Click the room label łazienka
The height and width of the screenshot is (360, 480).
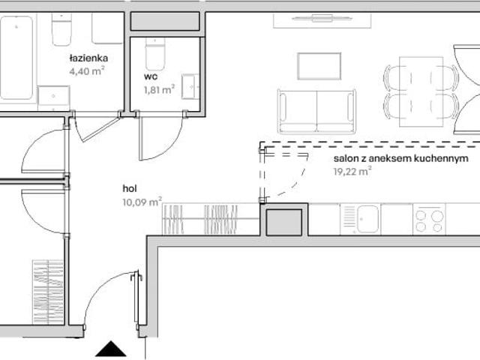tap(88, 58)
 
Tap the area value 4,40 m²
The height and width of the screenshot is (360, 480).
tap(87, 71)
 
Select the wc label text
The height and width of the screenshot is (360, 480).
tap(151, 76)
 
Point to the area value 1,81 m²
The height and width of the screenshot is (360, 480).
tap(159, 89)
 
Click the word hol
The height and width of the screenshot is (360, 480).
tap(130, 188)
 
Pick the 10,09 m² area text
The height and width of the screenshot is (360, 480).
tap(142, 202)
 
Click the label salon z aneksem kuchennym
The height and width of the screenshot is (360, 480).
tap(400, 158)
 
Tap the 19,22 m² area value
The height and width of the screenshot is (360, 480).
tap(352, 171)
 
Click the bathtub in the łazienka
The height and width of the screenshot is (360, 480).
tap(16, 58)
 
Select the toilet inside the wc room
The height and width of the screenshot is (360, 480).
tap(155, 54)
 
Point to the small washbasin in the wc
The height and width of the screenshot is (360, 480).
tap(190, 87)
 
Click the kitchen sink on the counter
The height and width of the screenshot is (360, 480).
tap(360, 218)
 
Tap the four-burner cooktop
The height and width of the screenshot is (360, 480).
tap(429, 218)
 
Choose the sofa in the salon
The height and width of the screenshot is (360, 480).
tap(316, 112)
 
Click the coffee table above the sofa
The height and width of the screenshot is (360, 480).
tap(319, 66)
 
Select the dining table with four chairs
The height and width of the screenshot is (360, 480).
tap(421, 91)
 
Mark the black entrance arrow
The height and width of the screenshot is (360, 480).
tap(111, 349)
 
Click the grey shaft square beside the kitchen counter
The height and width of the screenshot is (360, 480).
tap(284, 222)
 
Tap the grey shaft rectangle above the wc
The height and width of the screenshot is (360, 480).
tap(165, 21)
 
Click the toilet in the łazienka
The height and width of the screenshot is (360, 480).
tap(61, 29)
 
